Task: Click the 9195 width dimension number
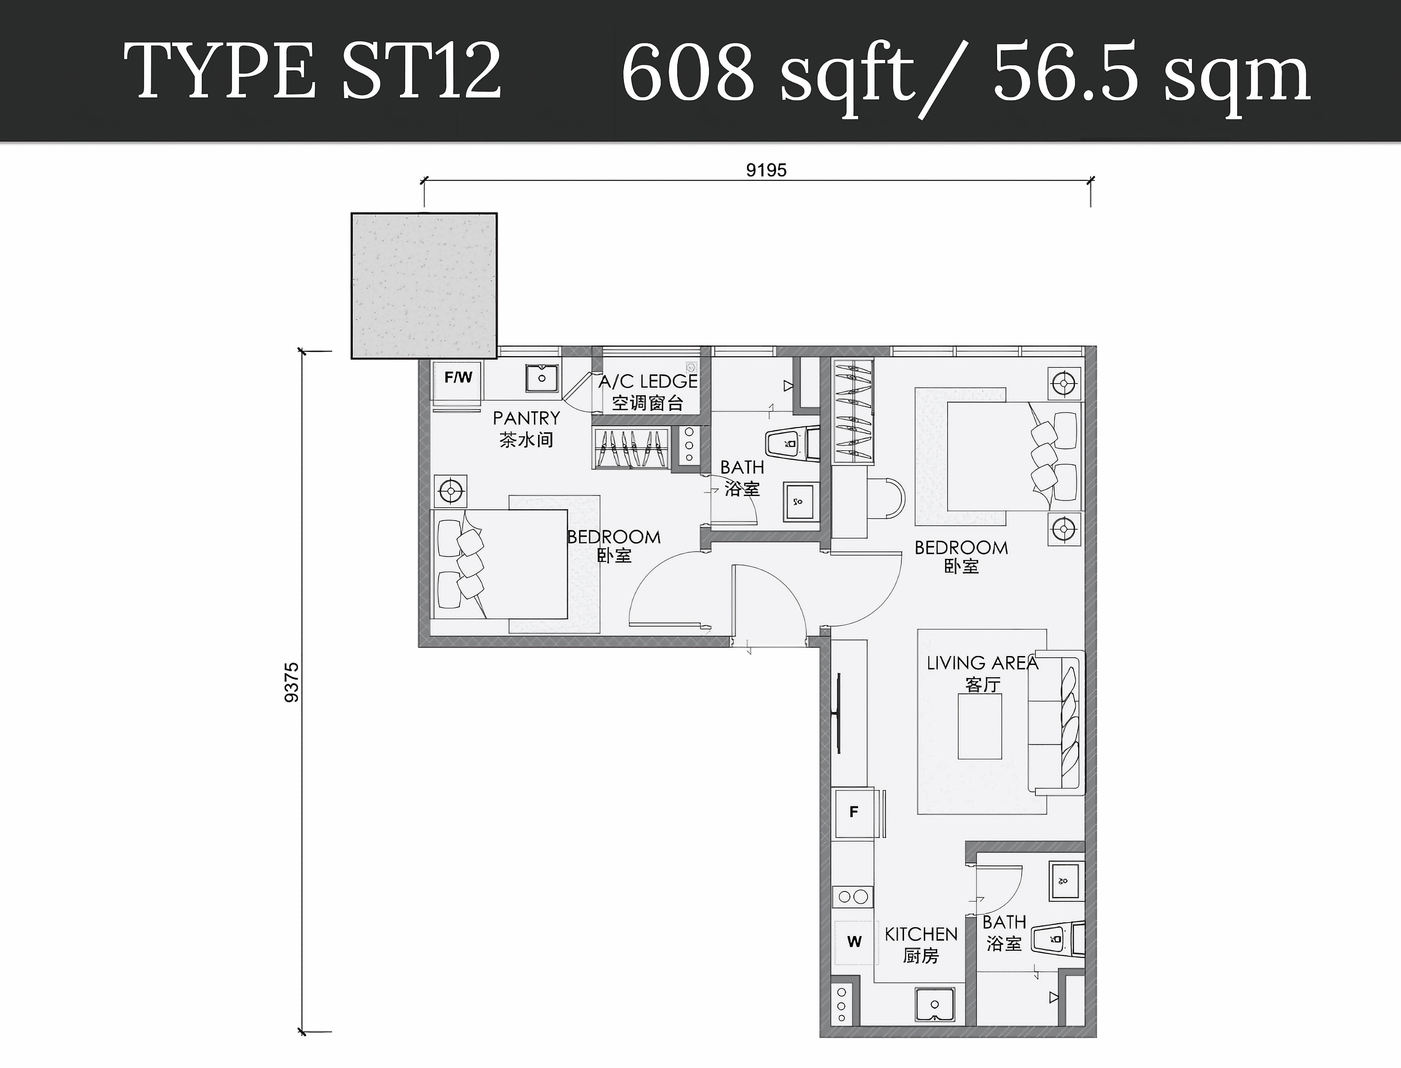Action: click(x=766, y=170)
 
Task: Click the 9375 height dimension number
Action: click(x=291, y=682)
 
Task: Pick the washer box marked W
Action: click(x=854, y=941)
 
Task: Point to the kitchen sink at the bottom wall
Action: click(x=934, y=1005)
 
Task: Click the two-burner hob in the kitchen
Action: click(x=853, y=897)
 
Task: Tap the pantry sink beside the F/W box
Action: click(x=542, y=378)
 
